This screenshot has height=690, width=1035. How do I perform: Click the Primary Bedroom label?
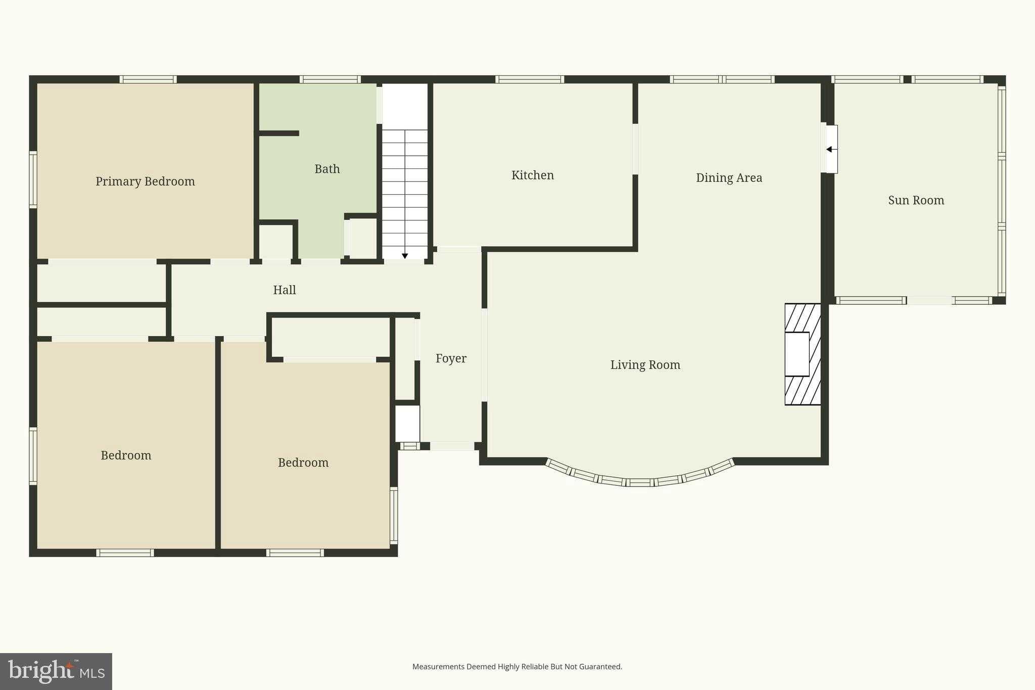click(145, 181)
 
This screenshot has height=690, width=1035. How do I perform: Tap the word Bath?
click(327, 169)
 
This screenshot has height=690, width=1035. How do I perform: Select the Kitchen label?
click(532, 175)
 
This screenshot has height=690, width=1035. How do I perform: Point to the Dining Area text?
click(729, 178)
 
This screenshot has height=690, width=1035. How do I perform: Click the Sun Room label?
click(916, 200)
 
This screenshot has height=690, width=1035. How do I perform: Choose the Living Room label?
click(645, 365)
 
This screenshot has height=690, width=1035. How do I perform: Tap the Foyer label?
click(451, 358)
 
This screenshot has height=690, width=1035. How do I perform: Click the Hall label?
click(285, 290)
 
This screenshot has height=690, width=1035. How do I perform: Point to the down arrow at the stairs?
click(405, 256)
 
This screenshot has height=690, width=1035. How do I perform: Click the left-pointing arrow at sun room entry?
click(829, 149)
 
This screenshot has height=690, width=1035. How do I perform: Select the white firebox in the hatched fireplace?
click(797, 354)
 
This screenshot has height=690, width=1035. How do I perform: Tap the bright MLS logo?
click(56, 671)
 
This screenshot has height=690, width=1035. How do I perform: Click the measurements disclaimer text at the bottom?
click(517, 667)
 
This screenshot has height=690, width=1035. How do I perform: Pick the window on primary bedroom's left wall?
click(33, 179)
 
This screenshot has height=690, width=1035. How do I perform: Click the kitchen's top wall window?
click(529, 79)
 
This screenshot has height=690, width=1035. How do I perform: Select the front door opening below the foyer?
click(452, 446)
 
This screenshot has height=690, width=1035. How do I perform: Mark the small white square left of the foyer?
click(407, 424)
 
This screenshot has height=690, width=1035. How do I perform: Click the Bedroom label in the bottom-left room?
click(126, 455)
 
